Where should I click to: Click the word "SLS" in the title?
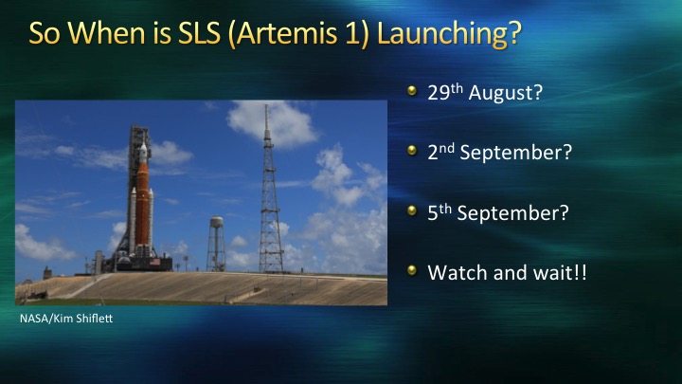coord(199,32)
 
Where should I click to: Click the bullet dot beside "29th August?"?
coord(412,91)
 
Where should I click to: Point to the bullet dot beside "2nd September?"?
coord(412,151)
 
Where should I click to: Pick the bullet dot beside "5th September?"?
coord(412,210)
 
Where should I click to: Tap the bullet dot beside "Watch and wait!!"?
coord(412,270)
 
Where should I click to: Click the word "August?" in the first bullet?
coord(506,93)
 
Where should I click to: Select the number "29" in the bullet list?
coord(439,93)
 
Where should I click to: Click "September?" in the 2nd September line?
coord(516,153)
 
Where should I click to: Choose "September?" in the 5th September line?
coord(512,213)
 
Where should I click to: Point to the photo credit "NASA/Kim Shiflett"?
coord(66,319)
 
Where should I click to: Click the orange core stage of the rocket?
coord(142,203)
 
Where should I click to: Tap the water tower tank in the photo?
coord(216,222)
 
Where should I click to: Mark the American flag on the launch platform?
coord(155,262)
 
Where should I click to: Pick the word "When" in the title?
coord(106,33)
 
